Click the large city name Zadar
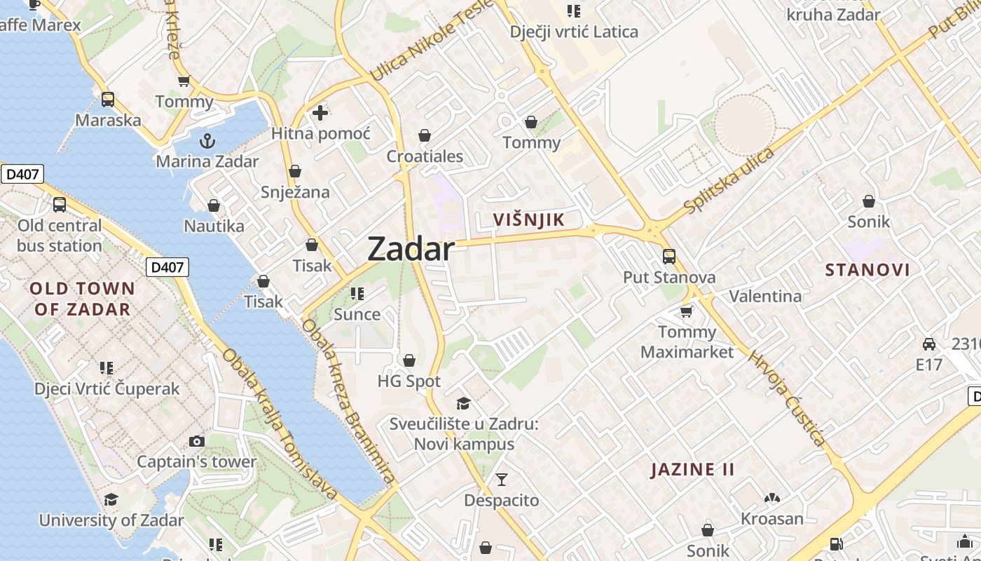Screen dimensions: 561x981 (411, 249)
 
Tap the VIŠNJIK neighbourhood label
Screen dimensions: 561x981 (528, 219)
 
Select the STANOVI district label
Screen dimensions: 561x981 (867, 270)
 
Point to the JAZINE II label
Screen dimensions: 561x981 (693, 469)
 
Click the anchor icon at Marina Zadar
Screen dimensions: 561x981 (207, 141)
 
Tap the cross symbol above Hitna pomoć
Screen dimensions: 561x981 (320, 112)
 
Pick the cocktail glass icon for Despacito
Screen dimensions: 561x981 (502, 480)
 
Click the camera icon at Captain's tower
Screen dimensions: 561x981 (197, 441)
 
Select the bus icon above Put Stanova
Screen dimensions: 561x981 (669, 256)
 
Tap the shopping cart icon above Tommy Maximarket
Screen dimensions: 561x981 (687, 311)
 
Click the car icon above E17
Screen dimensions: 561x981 (929, 344)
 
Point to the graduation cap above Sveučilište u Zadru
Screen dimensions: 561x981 (463, 403)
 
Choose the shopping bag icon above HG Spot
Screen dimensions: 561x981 (409, 360)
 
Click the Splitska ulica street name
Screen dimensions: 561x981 (729, 181)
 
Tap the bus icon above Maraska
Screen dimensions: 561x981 (108, 99)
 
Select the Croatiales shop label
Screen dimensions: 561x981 (425, 156)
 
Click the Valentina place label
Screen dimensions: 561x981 (765, 296)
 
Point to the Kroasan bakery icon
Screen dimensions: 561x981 (772, 498)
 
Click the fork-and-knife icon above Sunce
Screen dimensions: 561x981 (357, 293)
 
